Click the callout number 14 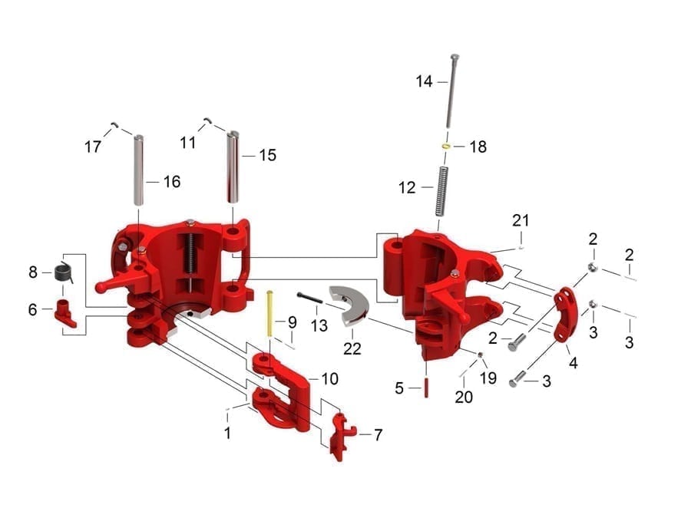pos(425,81)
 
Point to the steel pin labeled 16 pos(139,170)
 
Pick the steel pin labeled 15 pos(234,166)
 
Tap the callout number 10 pos(329,378)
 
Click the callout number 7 pos(378,434)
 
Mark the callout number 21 pos(521,220)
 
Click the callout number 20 pos(464,397)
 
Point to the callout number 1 pos(227,434)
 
